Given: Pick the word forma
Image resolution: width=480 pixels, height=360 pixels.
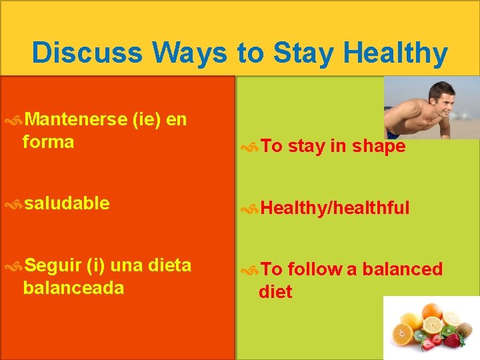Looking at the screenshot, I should coord(48,142).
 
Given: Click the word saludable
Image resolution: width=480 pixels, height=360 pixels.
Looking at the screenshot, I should coord(67,203).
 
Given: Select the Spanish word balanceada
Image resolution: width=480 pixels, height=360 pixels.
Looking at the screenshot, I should coord(73,288).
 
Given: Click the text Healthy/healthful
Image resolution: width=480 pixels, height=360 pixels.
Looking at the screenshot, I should coord(335,208).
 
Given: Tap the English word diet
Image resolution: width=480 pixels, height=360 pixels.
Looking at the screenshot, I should coord(275,292).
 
